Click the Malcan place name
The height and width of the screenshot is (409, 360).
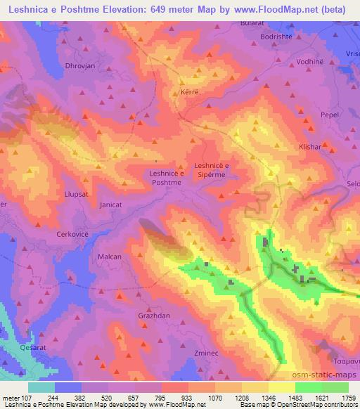click(x=110, y=257)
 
